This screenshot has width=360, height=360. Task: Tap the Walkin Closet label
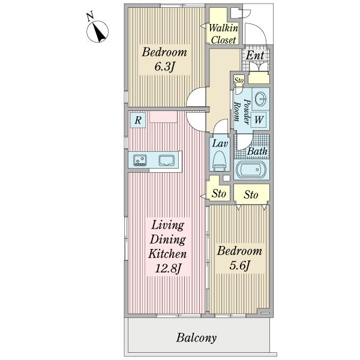click(x=223, y=34)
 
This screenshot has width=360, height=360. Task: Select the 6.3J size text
click(x=164, y=67)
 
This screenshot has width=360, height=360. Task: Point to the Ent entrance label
click(x=255, y=55)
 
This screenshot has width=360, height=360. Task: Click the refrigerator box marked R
click(x=138, y=120)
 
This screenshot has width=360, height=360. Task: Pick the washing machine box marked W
click(x=259, y=119)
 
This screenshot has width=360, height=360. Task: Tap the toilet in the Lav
click(x=220, y=161)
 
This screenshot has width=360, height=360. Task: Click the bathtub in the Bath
click(x=251, y=170)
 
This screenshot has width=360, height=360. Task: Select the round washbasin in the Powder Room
click(x=261, y=99)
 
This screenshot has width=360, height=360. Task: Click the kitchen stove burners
click(x=140, y=160)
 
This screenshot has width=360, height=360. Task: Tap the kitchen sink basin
click(x=167, y=160)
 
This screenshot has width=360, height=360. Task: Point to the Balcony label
click(x=197, y=338)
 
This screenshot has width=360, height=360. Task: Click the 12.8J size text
click(x=167, y=268)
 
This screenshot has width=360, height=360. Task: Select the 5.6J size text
click(x=239, y=265)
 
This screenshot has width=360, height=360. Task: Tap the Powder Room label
click(x=242, y=112)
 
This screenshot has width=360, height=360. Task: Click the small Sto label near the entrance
click(x=239, y=80)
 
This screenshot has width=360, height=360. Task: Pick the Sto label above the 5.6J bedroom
click(x=251, y=194)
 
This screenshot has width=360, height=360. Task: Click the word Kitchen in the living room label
click(x=167, y=254)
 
